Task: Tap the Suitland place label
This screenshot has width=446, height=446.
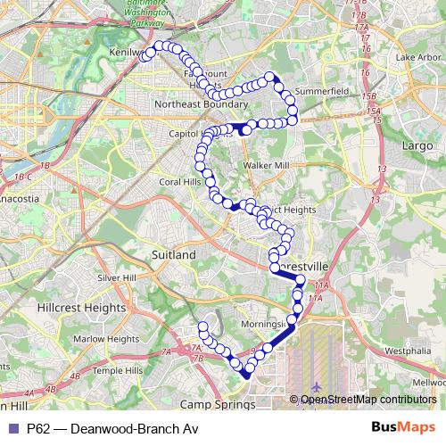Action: (174, 255)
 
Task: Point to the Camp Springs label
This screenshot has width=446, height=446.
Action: (223, 404)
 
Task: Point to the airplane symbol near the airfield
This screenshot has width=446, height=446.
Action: (318, 385)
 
